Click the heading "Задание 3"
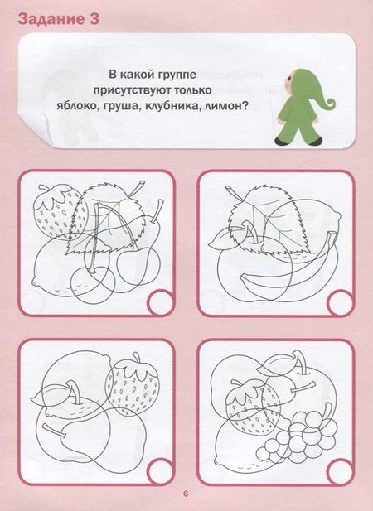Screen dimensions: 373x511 pyautogui.click(x=59, y=20)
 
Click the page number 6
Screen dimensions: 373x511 pyautogui.click(x=186, y=494)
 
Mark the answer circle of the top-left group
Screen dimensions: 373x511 pyautogui.click(x=160, y=303)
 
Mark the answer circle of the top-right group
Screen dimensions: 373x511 pyautogui.click(x=340, y=303)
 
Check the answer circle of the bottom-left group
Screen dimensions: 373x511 pyautogui.click(x=160, y=471)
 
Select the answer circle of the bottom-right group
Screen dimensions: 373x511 pyautogui.click(x=340, y=472)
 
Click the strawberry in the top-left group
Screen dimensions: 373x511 pyautogui.click(x=60, y=211)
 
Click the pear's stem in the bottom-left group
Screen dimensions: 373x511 pyautogui.click(x=51, y=430)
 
